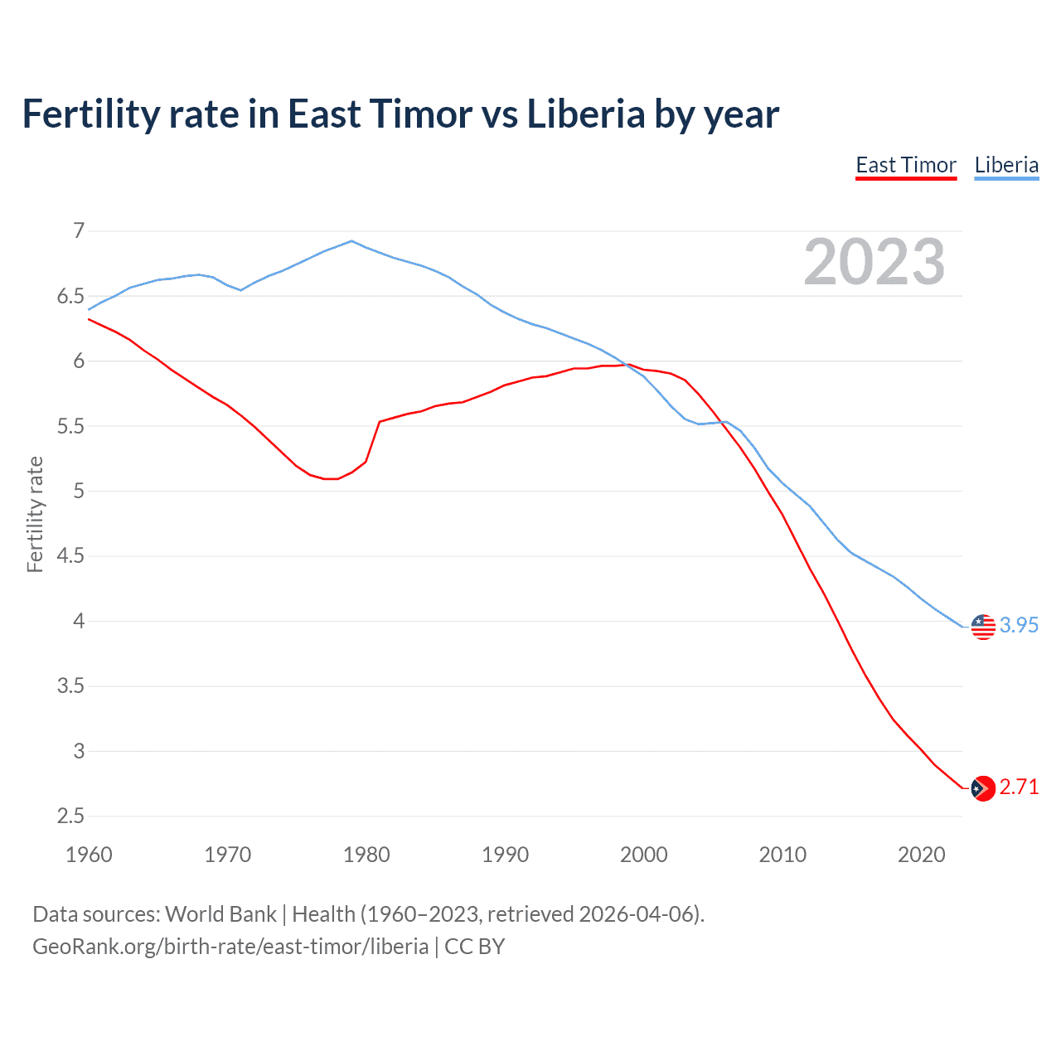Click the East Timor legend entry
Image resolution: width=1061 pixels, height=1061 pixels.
[906, 165]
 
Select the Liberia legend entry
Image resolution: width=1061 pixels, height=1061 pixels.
[1006, 165]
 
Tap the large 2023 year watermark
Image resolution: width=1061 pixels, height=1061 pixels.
[874, 262]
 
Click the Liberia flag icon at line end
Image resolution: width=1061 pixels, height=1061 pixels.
[983, 627]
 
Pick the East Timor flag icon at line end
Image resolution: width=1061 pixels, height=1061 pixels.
[983, 787]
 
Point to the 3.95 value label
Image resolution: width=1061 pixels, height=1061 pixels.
[1019, 626]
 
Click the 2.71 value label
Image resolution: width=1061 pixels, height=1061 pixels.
[1019, 787]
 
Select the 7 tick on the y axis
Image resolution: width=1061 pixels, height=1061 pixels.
[79, 230]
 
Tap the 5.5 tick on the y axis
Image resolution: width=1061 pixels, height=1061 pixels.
[71, 426]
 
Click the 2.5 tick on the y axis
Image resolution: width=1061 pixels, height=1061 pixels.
[71, 816]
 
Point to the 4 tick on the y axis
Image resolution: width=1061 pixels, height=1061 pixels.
[79, 621]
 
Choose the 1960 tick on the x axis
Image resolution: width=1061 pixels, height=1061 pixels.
[89, 855]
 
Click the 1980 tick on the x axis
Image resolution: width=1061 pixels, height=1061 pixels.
[366, 855]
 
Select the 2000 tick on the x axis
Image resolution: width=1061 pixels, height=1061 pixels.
[644, 855]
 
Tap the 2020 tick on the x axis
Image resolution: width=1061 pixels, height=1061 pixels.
[921, 855]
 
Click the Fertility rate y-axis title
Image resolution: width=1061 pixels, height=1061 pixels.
[35, 514]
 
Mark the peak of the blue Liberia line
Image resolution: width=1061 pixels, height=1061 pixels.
[352, 241]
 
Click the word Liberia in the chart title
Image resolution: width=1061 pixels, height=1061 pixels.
[586, 114]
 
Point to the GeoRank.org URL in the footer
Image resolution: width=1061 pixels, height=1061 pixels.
[230, 947]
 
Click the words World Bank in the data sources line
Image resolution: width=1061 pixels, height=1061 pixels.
[220, 914]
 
